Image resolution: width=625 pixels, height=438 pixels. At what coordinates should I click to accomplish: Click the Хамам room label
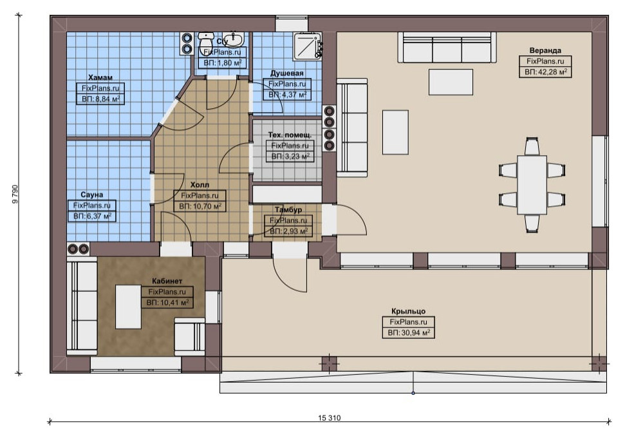coord(100,77)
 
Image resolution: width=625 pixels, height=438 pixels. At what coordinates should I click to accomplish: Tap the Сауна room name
coord(91,195)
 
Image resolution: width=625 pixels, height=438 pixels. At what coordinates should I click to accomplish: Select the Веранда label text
coord(545,50)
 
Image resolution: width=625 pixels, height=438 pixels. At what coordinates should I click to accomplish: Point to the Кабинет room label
coord(167,281)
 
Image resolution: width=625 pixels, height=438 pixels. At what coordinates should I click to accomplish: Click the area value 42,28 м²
coord(545,71)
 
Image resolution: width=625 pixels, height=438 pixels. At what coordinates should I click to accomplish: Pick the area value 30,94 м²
coord(409,333)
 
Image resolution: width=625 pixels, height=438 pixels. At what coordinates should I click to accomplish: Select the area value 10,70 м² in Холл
coord(200,206)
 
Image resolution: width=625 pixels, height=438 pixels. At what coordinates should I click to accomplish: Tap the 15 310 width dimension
coord(330,417)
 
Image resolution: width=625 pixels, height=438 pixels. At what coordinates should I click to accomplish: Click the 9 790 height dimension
coord(15,194)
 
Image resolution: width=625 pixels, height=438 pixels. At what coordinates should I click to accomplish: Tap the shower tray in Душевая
coord(307,46)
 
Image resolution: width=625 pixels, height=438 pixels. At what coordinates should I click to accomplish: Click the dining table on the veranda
coord(532,185)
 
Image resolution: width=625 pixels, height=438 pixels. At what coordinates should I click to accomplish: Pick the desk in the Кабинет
coord(128,307)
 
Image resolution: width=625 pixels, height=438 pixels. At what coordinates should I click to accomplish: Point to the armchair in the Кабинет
coord(190,337)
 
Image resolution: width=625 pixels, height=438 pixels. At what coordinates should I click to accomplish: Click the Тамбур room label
coord(288,209)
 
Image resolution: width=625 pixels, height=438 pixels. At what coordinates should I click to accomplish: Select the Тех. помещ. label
coord(290,135)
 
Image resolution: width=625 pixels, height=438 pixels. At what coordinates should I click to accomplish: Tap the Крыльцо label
coord(408,311)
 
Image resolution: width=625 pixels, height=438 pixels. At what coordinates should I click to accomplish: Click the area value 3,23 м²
coord(290,157)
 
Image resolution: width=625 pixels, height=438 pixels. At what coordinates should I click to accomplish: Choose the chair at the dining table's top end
coord(532,146)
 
